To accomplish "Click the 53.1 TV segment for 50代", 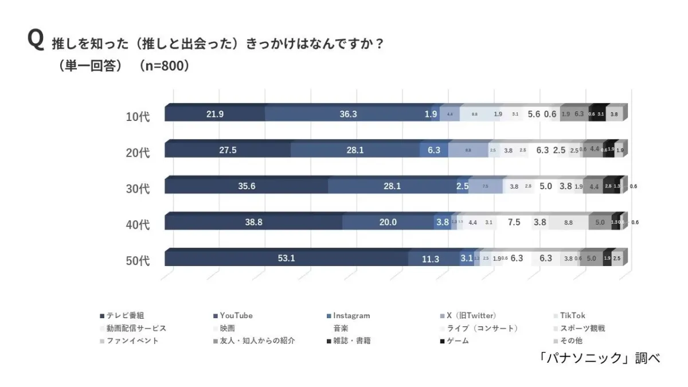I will (286, 259).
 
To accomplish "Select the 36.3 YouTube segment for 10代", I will (348, 114).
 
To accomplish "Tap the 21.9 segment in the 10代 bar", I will (215, 114).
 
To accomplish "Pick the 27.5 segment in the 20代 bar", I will (228, 150).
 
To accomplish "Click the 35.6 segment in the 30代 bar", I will (246, 186).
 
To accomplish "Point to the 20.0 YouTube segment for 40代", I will (388, 222).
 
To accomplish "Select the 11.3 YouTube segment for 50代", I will (430, 259).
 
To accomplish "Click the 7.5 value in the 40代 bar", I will (514, 222).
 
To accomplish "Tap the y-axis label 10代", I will (138, 116).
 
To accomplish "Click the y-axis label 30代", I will (138, 189).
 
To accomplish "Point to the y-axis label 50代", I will (138, 261).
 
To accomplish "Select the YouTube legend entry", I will (232, 315).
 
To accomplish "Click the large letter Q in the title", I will (36, 41).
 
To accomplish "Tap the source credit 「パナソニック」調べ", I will (599, 358).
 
